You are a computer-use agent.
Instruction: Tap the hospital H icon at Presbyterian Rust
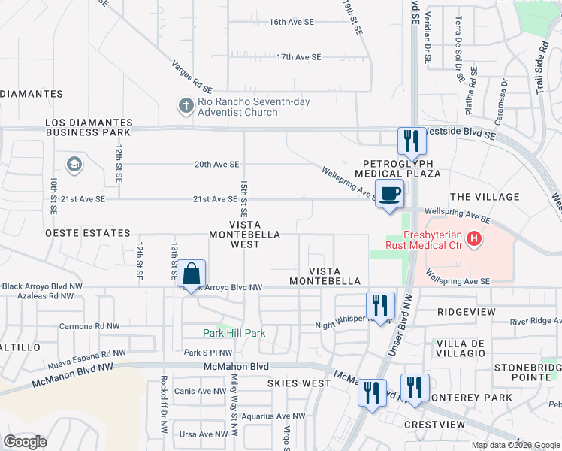(474, 240)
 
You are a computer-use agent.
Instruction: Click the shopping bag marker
(192, 274)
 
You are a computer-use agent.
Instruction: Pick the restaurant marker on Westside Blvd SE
(410, 141)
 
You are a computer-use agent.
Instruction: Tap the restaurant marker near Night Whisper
(379, 306)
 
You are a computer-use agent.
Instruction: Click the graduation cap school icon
(74, 165)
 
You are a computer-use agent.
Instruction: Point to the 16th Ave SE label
(291, 22)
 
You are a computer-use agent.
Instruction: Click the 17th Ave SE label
(298, 57)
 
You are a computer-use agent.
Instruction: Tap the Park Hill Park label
(234, 333)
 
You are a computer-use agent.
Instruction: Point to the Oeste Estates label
(88, 234)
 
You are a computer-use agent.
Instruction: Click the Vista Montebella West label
(244, 229)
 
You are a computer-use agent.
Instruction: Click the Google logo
(26, 443)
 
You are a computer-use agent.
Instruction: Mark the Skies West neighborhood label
(298, 383)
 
